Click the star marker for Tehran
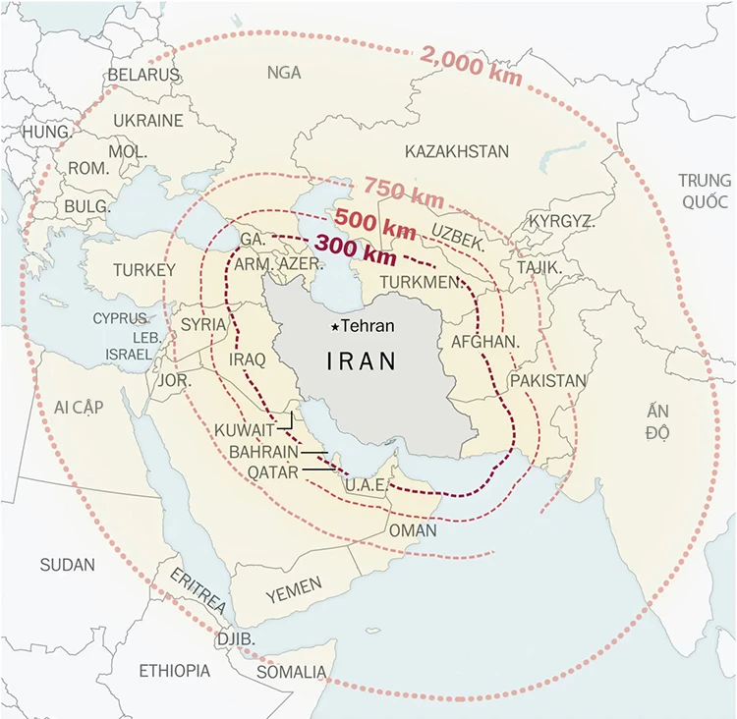[335, 327]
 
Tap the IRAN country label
[362, 361]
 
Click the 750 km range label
[403, 191]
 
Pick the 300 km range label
[355, 249]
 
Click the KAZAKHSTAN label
[457, 151]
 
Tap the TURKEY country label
[143, 270]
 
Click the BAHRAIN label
[262, 452]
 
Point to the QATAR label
[272, 472]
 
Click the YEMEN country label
[294, 589]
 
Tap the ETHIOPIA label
[174, 671]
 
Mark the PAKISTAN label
[547, 381]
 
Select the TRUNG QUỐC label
[705, 191]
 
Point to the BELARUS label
[143, 75]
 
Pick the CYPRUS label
[122, 318]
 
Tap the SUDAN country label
[68, 565]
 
